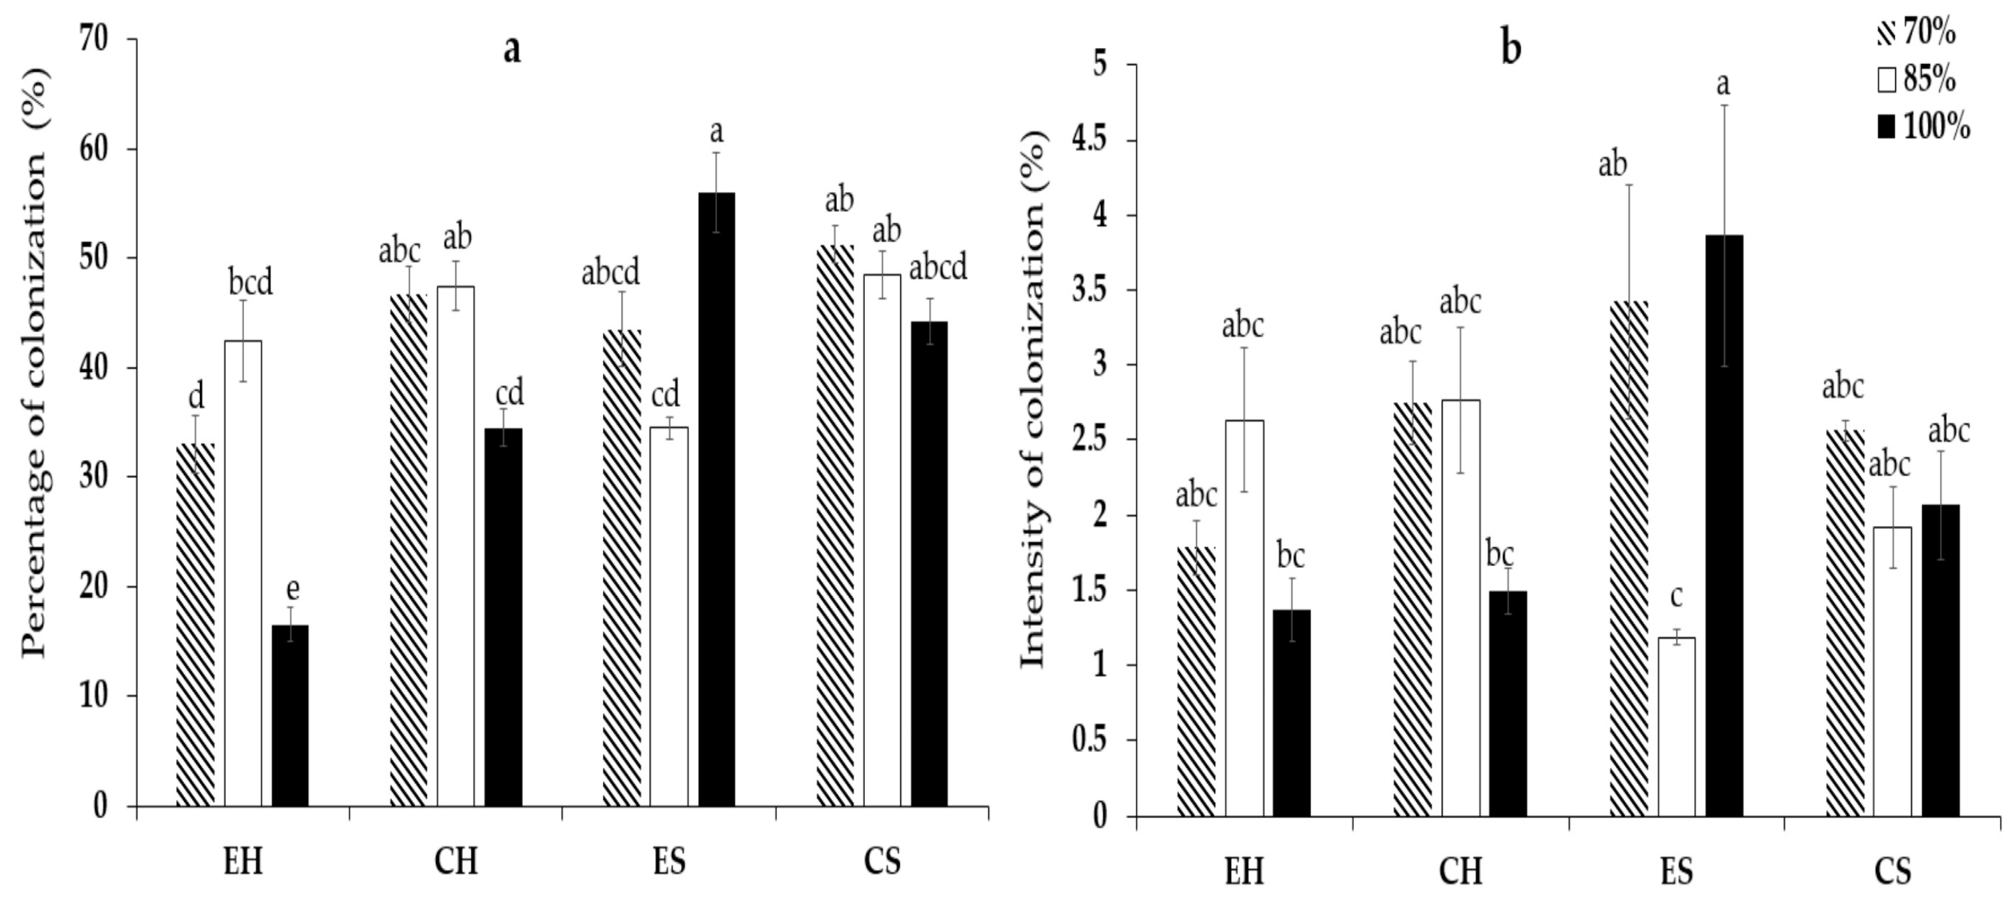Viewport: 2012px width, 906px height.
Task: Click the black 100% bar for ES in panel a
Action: pyautogui.click(x=716, y=500)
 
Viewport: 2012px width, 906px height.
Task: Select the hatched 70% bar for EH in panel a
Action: pyautogui.click(x=195, y=625)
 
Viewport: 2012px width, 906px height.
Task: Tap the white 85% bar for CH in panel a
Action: pyautogui.click(x=455, y=547)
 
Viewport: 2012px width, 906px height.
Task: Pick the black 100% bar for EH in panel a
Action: pyautogui.click(x=291, y=715)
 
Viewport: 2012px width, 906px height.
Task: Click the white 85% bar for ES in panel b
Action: pyautogui.click(x=1676, y=727)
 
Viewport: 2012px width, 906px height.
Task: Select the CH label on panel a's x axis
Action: pyautogui.click(x=455, y=862)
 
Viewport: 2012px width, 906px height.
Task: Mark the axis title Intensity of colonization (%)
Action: pyautogui.click(x=1033, y=398)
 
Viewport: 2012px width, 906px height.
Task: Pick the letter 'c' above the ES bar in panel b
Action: pyautogui.click(x=1676, y=596)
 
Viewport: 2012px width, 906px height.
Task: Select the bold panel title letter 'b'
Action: pyautogui.click(x=1511, y=49)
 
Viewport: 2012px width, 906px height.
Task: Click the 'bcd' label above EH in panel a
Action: pyautogui.click(x=251, y=283)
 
